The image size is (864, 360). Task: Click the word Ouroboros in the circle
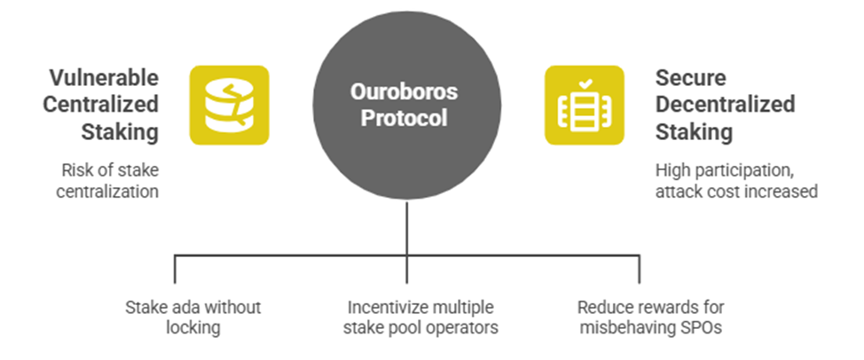tap(404, 91)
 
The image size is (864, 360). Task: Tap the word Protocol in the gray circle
tap(404, 118)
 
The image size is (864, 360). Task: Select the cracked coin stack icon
tap(229, 106)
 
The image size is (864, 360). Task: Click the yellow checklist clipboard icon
tap(585, 106)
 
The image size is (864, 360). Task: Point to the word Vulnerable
tap(104, 78)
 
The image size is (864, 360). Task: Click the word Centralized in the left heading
tap(101, 105)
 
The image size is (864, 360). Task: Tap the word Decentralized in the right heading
tap(725, 105)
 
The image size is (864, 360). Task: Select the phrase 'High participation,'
tap(725, 170)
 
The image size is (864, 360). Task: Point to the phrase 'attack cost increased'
tap(736, 192)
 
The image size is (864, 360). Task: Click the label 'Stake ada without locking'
tap(192, 317)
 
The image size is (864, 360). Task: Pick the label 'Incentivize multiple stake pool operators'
tap(420, 317)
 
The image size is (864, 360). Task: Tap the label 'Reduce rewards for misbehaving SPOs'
tap(651, 317)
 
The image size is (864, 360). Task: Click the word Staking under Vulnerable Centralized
tap(120, 133)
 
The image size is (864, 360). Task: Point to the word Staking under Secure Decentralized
tap(694, 133)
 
